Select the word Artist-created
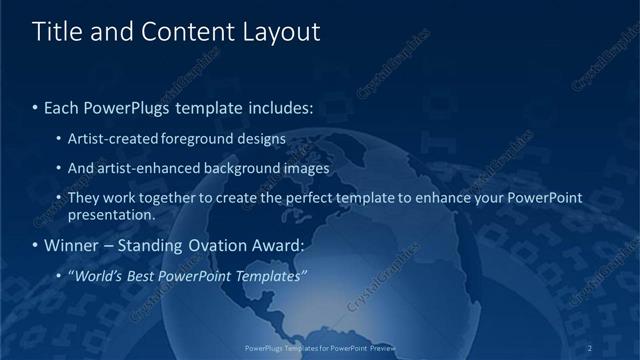113,139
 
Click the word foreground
201,139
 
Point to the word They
84,198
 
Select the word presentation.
112,215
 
